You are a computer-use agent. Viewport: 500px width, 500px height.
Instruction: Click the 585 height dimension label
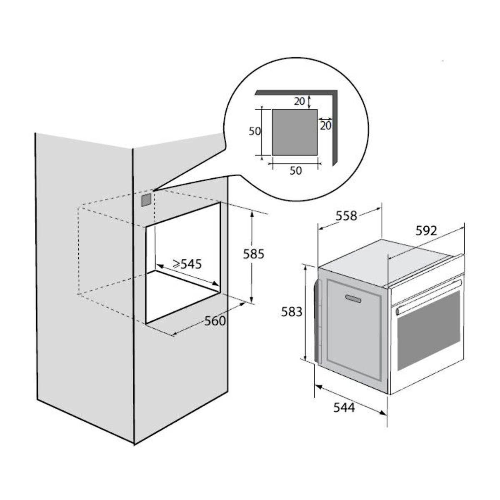point(254,254)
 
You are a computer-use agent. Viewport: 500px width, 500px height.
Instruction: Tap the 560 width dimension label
point(216,321)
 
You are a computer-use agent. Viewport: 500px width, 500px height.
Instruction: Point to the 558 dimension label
point(347,216)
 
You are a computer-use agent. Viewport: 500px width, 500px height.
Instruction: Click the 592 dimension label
point(425,230)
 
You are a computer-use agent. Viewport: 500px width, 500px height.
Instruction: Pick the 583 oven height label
point(291,311)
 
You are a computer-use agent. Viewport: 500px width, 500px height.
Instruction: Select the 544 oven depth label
point(344,408)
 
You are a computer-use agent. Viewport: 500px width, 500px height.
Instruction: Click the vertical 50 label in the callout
point(255,131)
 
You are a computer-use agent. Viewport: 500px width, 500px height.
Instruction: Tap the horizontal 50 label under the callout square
point(295,171)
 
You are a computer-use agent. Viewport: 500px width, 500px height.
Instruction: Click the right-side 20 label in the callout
point(326,125)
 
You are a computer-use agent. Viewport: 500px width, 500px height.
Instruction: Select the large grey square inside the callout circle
point(295,132)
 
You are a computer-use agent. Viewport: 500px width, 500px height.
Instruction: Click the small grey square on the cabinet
point(146,200)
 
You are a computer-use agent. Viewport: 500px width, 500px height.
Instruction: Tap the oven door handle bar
point(429,297)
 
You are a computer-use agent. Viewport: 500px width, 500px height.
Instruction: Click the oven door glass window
point(429,329)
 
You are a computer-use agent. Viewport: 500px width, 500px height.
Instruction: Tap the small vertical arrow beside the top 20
point(309,101)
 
